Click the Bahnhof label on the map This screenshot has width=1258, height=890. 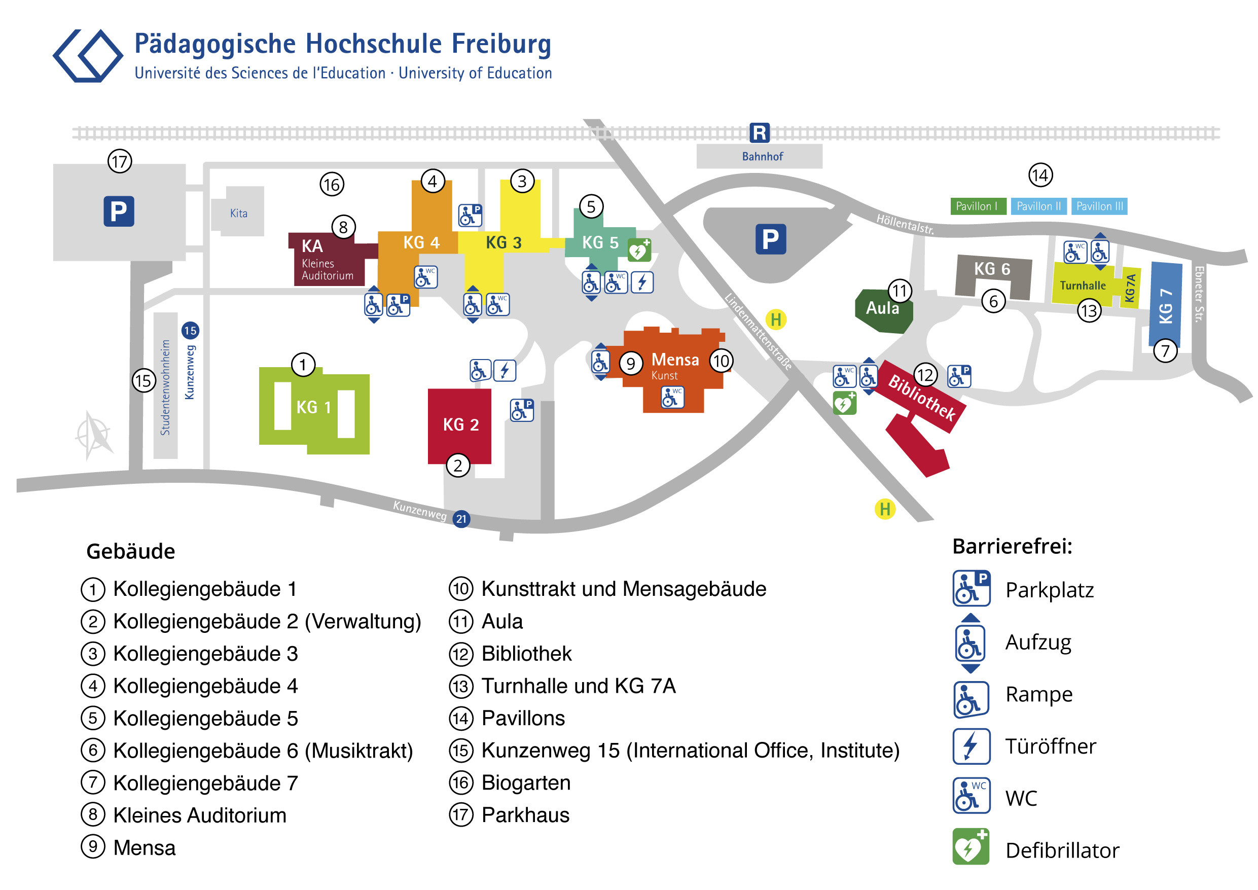point(762,157)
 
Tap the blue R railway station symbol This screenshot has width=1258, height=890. point(760,133)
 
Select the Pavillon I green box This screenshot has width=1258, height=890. point(978,206)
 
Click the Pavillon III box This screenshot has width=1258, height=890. point(1099,206)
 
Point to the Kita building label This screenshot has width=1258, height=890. point(238,213)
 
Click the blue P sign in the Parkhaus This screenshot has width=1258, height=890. point(119,211)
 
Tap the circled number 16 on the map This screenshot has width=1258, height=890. point(332,185)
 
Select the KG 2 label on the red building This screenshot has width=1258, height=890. point(460,425)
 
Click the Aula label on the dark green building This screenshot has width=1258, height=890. point(882,308)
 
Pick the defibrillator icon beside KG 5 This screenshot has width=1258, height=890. point(639,251)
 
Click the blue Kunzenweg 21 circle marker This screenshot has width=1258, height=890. point(461,519)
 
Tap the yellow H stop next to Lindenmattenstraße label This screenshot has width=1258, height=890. point(776,319)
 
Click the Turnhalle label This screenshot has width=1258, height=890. point(1082,286)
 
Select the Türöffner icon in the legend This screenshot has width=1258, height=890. point(971,746)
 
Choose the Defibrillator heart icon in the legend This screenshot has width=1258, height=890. point(971,847)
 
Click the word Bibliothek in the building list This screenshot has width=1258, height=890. point(526,654)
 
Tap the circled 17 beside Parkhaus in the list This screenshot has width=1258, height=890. point(461,815)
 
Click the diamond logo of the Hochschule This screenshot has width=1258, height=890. point(88,56)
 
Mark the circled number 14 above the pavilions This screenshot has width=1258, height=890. point(1040,175)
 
